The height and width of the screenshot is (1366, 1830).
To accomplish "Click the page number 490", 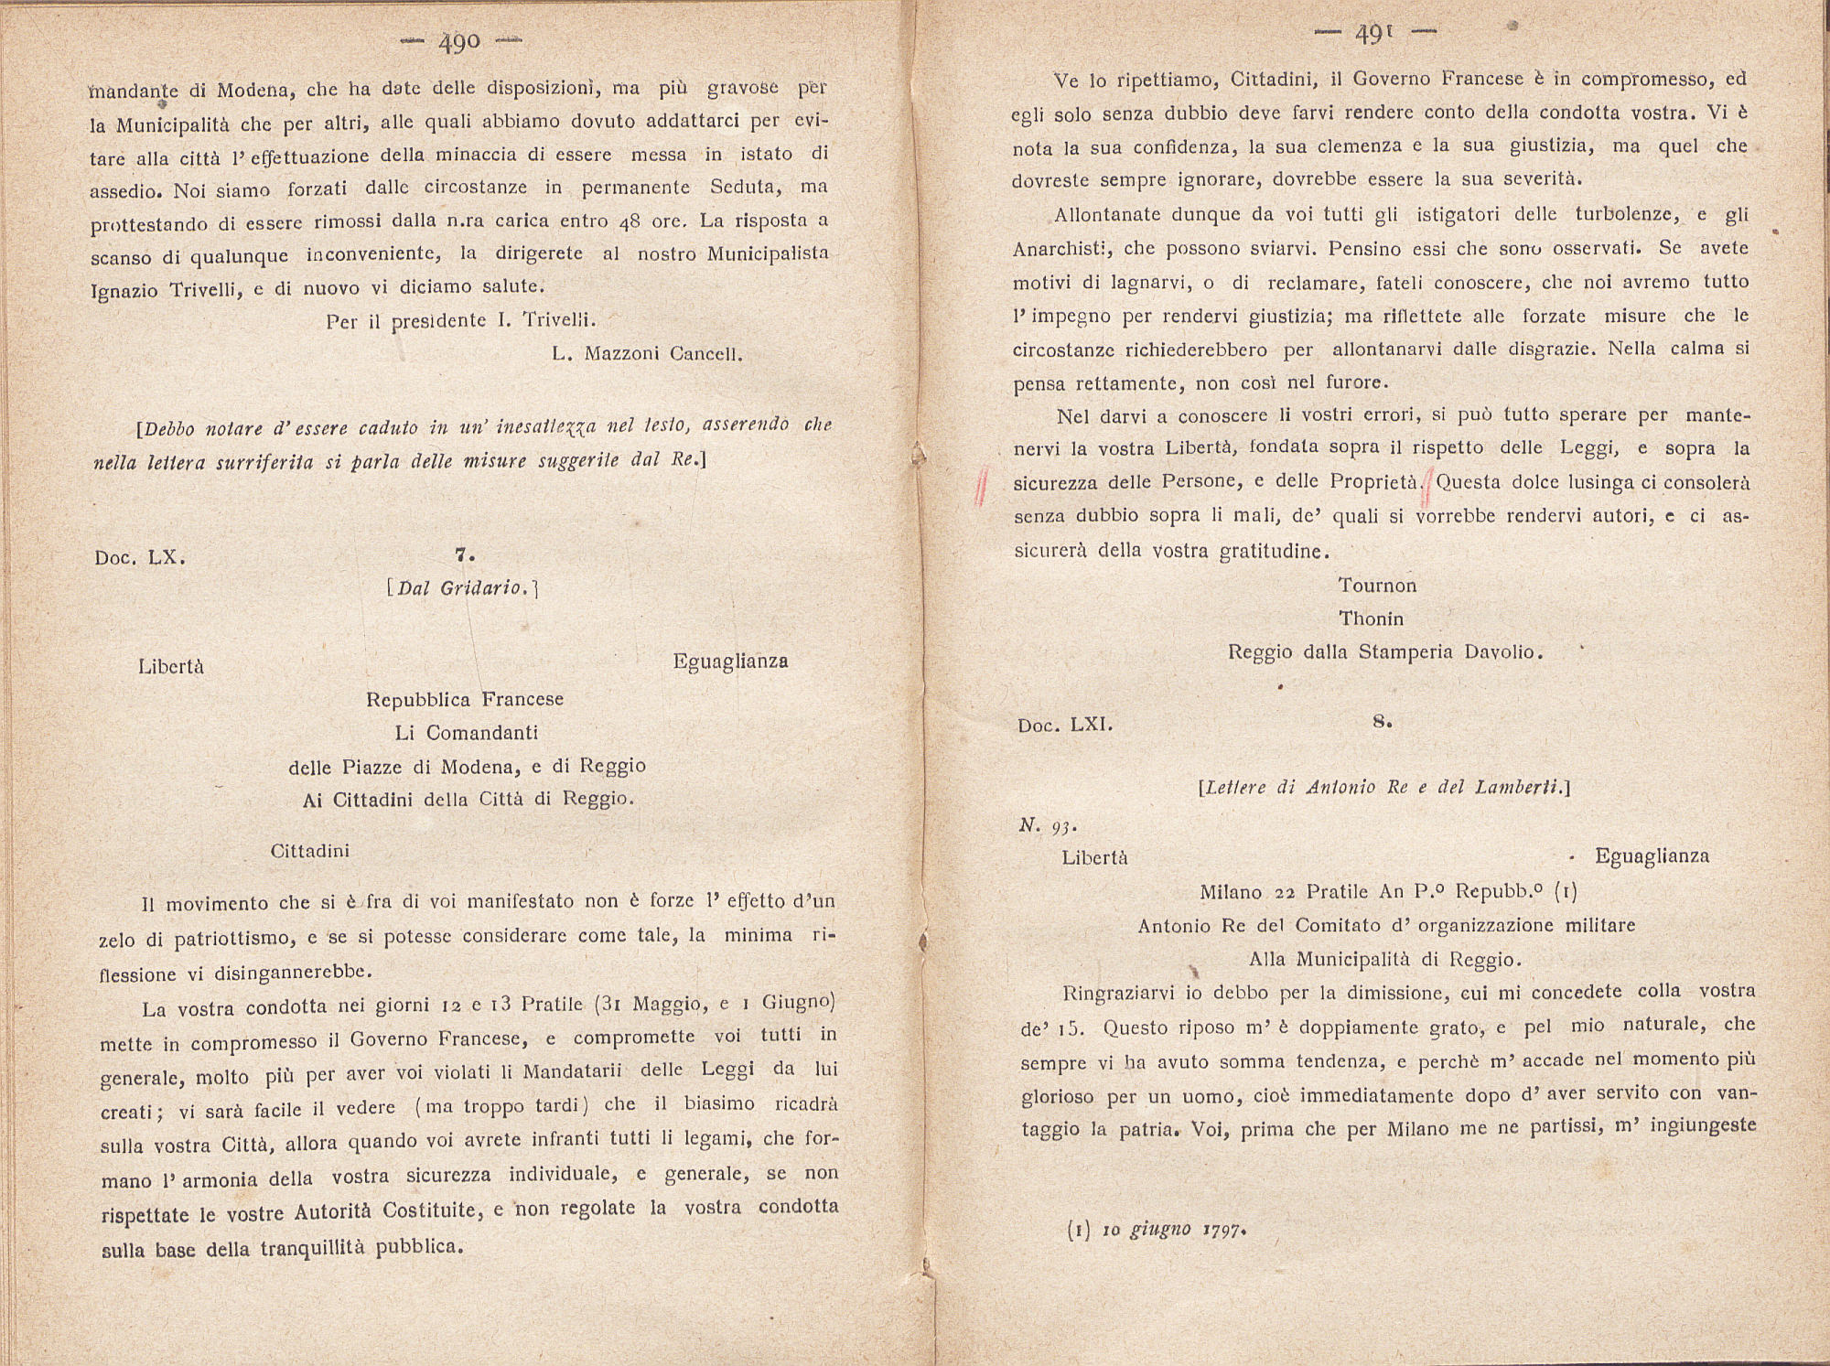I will click(460, 42).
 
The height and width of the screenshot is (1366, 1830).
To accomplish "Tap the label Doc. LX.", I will click(140, 557).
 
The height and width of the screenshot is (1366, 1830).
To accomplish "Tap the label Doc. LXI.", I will click(1065, 726).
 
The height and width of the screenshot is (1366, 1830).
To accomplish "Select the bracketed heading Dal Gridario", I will click(463, 588).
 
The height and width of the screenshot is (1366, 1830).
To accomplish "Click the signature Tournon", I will click(1377, 586).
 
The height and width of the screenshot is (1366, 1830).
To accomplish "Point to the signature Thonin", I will click(1371, 618).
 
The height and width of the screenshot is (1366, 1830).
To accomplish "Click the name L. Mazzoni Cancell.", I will click(647, 354).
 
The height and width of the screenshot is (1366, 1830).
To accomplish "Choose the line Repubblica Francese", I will click(465, 700).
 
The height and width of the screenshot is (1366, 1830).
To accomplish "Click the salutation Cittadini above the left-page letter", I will click(310, 851).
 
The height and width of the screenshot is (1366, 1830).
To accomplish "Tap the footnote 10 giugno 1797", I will click(1157, 1230).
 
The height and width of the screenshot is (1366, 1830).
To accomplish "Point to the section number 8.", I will click(1382, 721).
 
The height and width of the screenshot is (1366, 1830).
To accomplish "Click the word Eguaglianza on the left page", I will click(730, 661).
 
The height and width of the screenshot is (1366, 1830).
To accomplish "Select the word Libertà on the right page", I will click(1094, 858).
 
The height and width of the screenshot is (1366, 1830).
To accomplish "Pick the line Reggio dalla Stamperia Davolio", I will click(1385, 652).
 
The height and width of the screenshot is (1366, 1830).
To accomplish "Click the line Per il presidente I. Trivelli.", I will click(461, 320).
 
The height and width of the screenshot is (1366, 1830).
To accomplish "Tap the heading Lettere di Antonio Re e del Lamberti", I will click(1383, 788).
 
